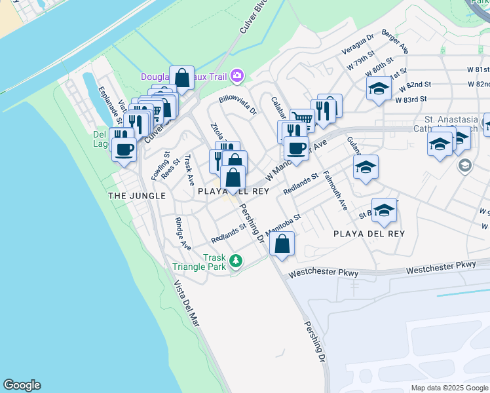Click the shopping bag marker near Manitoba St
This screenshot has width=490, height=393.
point(282,244)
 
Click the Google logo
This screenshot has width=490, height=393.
point(22,385)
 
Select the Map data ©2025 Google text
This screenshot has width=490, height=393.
point(449,388)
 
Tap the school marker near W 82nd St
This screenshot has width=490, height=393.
point(378,90)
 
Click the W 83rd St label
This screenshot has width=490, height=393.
point(411,100)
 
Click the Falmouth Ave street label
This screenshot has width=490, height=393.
point(343,194)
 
